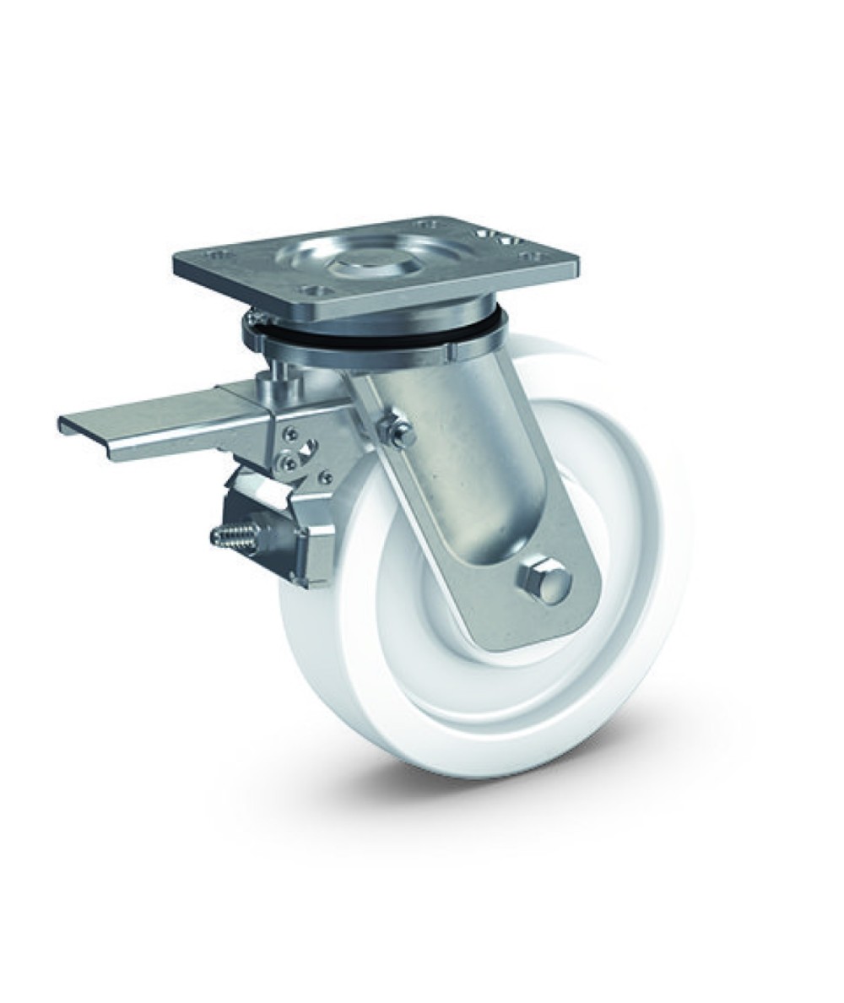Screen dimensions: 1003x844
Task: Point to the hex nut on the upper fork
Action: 396,431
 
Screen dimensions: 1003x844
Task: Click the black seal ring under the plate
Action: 371,334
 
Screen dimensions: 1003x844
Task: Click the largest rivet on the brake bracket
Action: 289,462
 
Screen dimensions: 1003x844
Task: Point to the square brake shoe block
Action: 312,545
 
